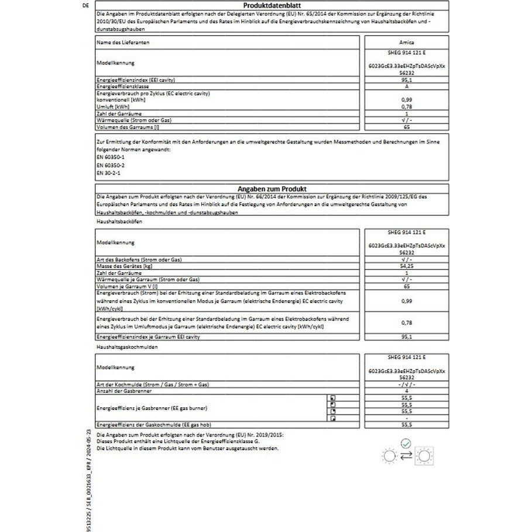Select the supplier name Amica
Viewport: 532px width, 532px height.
point(408,42)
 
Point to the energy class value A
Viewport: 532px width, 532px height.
point(408,85)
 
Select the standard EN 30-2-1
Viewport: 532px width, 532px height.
point(106,173)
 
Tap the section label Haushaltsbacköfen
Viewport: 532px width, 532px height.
point(119,223)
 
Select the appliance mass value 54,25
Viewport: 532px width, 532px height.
point(408,266)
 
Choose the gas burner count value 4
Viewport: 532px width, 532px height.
point(408,390)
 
